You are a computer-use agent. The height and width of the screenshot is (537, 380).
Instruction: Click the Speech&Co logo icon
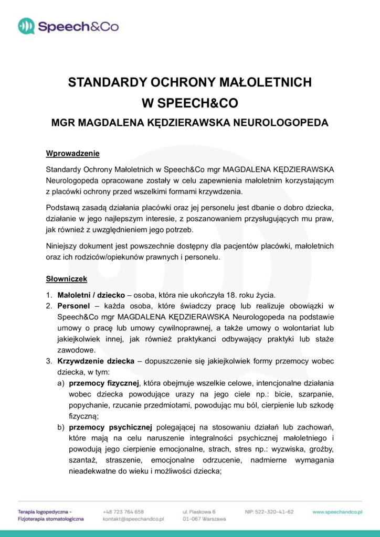(x=26, y=26)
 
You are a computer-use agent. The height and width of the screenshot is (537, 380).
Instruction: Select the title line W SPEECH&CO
(x=190, y=103)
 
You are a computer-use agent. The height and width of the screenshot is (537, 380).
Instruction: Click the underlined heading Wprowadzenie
(x=72, y=154)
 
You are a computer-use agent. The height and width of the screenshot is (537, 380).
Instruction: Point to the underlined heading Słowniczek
(x=67, y=278)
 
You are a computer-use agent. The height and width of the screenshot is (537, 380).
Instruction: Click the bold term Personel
(x=73, y=305)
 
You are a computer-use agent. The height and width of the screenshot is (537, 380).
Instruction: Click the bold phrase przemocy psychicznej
(x=110, y=428)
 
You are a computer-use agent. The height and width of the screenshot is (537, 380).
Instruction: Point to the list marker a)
(x=61, y=383)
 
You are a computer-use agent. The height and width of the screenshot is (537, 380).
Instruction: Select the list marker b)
(x=61, y=428)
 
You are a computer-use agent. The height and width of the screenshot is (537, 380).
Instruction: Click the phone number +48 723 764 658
(x=123, y=511)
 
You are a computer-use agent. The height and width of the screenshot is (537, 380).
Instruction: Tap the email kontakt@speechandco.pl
(x=134, y=519)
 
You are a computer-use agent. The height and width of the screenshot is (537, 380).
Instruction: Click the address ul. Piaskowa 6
(x=199, y=511)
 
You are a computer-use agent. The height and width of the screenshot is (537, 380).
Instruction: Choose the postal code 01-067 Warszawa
(x=204, y=519)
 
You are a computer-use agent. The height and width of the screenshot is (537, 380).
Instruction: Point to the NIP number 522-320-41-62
(x=269, y=511)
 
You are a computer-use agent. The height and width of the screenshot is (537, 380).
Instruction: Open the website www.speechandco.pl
(x=337, y=511)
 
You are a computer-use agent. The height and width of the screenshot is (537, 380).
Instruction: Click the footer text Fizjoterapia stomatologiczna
(x=50, y=519)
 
